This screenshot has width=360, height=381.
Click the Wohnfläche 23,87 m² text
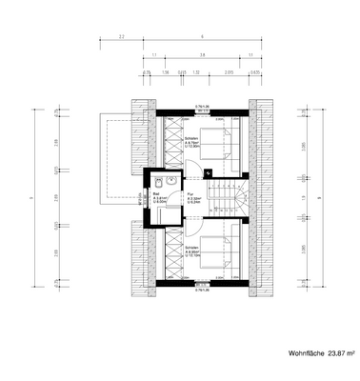(321, 352)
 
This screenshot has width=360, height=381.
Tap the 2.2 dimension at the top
(122, 36)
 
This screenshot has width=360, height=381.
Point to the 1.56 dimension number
(165, 70)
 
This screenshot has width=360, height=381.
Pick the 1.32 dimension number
(195, 70)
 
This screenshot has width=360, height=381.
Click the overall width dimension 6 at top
(203, 36)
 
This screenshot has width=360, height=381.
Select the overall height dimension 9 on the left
(32, 197)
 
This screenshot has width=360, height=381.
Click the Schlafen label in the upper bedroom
(190, 139)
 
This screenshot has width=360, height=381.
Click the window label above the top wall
(202, 108)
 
